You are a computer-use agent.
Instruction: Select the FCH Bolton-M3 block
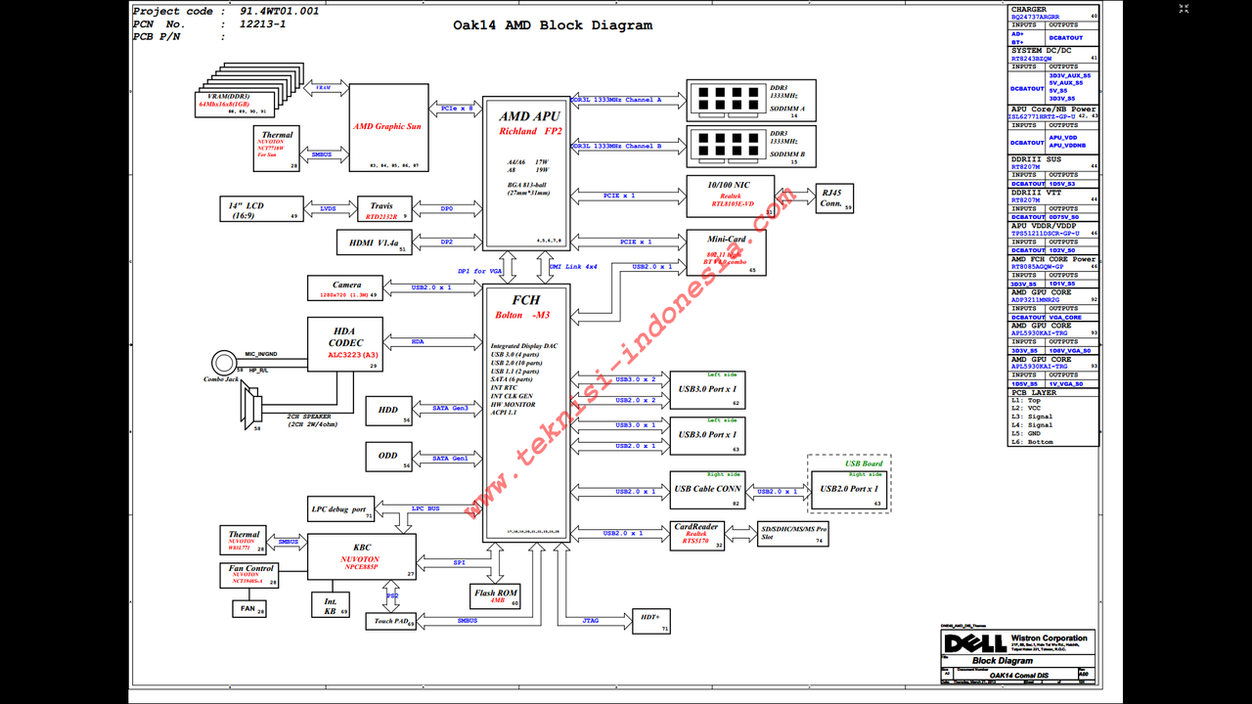526,411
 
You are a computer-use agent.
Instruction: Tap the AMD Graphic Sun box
388,128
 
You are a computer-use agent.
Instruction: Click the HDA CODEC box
345,344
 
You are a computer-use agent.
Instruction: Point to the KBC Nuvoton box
361,556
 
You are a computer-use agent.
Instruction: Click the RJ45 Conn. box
833,198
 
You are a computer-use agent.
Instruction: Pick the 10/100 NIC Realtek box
731,197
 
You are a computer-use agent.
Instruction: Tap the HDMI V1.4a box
375,242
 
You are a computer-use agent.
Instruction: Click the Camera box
345,288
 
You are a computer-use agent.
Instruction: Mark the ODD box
388,458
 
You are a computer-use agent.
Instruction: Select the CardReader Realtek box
696,534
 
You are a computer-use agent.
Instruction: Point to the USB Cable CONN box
706,490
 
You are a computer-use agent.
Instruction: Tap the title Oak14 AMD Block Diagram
553,25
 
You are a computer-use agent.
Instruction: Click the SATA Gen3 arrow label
451,409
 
